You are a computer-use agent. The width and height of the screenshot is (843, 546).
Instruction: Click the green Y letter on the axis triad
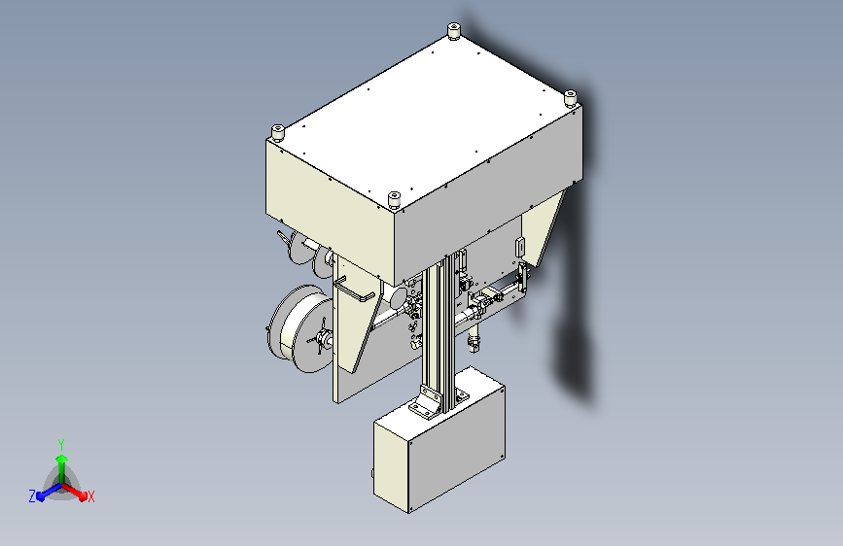click(x=60, y=442)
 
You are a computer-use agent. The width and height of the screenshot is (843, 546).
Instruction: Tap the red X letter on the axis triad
click(x=91, y=497)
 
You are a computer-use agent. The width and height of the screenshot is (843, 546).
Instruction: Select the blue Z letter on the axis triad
click(x=32, y=495)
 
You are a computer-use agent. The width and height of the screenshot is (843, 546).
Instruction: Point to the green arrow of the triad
click(x=61, y=461)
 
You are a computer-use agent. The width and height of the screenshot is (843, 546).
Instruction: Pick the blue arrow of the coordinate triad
click(x=45, y=491)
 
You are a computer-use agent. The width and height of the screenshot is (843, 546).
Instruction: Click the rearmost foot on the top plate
click(x=453, y=34)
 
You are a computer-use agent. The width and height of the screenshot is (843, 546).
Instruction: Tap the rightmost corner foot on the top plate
click(x=572, y=98)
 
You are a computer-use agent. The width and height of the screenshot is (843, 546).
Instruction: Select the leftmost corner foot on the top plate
click(x=277, y=132)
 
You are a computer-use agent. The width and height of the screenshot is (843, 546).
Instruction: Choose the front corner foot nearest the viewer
click(x=394, y=200)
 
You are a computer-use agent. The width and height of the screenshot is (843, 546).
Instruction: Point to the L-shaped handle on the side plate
click(x=355, y=292)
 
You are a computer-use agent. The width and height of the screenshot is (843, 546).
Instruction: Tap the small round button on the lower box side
click(x=371, y=473)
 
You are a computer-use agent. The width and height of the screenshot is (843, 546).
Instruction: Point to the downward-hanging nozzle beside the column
click(x=474, y=338)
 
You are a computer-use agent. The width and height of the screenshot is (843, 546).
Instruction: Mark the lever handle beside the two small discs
click(x=285, y=239)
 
